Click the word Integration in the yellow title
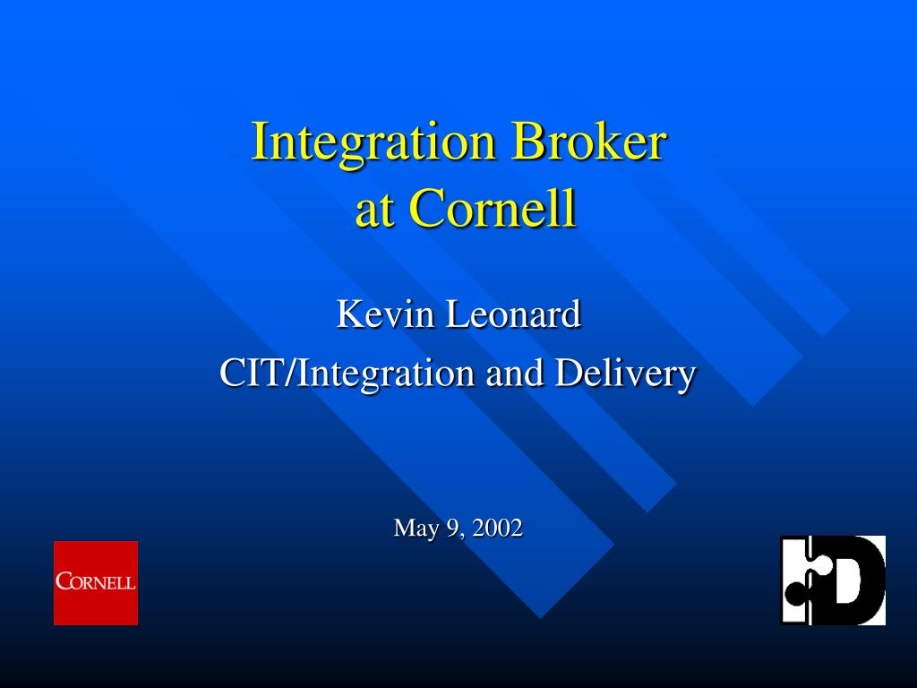point(373,142)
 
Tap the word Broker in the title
point(589,141)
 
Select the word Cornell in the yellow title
point(493,208)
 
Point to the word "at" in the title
point(373,211)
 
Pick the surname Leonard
point(513,314)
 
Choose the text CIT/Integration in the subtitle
point(347,374)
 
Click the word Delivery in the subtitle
point(625,374)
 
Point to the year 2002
point(497,528)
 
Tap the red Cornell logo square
point(96,582)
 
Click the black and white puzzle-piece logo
point(833,580)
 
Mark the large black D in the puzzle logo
point(853,580)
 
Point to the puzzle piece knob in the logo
point(795,593)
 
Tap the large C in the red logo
point(64,580)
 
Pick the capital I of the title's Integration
point(261,141)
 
